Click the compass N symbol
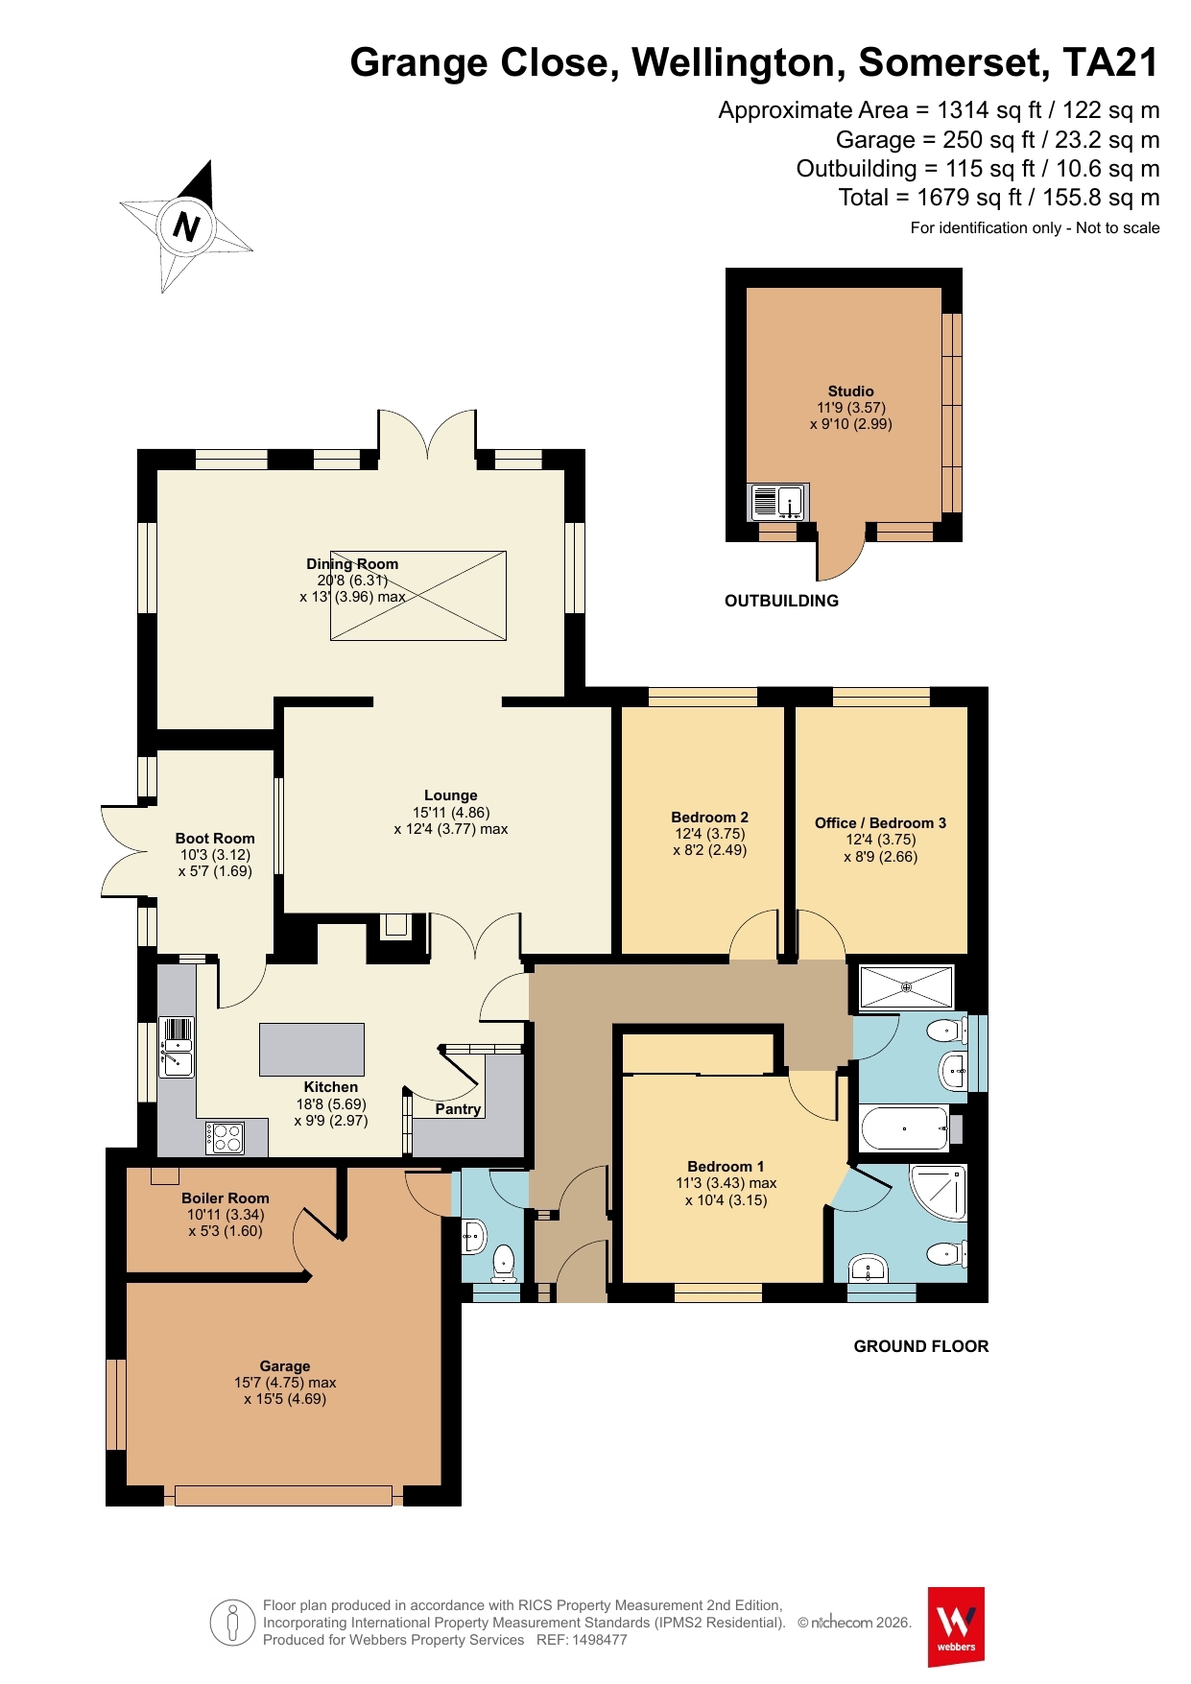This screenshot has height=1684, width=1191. click(x=187, y=226)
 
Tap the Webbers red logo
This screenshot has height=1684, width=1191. click(x=956, y=1626)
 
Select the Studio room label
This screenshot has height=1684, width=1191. click(x=851, y=391)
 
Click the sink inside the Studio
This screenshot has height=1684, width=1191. click(x=778, y=502)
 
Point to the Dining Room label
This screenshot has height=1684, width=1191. click(x=352, y=564)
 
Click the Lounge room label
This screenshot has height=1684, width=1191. click(x=451, y=795)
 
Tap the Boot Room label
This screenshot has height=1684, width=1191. click(x=215, y=839)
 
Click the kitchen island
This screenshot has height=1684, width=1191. click(x=312, y=1050)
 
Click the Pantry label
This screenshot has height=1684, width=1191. click(x=458, y=1109)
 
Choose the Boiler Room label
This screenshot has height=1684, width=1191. click(x=226, y=1198)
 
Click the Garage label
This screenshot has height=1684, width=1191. click(x=285, y=1366)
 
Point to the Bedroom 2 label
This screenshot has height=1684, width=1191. click(x=710, y=818)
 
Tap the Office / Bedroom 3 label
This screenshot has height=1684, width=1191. click(x=881, y=823)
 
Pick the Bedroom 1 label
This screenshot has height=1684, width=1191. click(x=727, y=1167)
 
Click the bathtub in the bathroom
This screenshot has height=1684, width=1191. click(x=905, y=1128)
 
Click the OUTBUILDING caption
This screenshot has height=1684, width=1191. click(x=782, y=601)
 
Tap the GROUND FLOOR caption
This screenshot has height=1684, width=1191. click(x=921, y=1346)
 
